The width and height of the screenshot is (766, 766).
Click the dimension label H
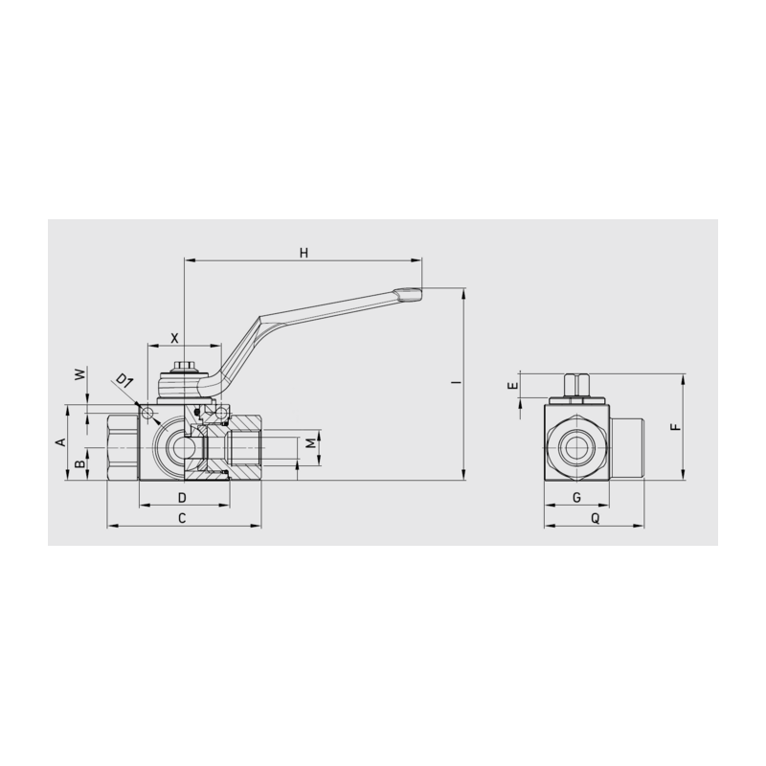coord(304,253)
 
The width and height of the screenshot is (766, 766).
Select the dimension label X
coord(174,338)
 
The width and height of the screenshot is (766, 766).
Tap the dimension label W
coord(80,374)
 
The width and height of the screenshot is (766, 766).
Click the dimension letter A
coord(60,442)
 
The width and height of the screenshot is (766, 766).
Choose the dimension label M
coord(310,443)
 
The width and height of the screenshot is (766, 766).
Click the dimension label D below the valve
coord(182,498)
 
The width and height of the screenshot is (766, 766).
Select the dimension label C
coord(182,518)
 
